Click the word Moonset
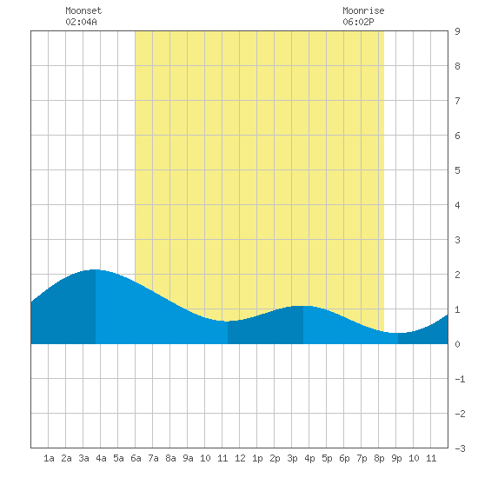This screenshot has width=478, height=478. click(83, 10)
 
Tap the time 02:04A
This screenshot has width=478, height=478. click(81, 22)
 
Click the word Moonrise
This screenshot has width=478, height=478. click(363, 10)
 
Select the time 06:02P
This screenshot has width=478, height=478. click(358, 22)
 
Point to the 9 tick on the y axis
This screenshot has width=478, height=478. click(457, 31)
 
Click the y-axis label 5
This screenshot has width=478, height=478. click(457, 170)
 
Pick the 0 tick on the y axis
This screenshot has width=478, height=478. click(457, 344)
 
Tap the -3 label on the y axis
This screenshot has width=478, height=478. click(460, 448)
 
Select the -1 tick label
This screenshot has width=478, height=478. click(460, 379)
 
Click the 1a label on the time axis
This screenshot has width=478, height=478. click(49, 458)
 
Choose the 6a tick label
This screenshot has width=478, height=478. click(136, 458)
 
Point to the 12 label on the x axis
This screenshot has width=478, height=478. click(240, 458)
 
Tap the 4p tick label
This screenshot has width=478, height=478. click(309, 458)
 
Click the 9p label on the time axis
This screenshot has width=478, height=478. click(396, 458)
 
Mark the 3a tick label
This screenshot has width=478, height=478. click(83, 458)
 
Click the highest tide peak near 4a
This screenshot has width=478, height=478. click(96, 269)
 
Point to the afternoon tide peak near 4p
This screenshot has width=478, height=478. click(303, 306)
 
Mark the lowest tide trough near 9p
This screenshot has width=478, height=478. click(398, 333)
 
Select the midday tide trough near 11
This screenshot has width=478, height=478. click(228, 321)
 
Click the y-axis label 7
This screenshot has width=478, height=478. click(457, 101)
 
